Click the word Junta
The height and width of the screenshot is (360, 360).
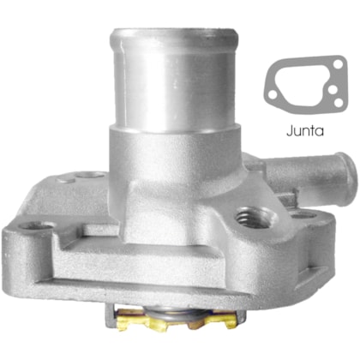coord(305,132)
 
